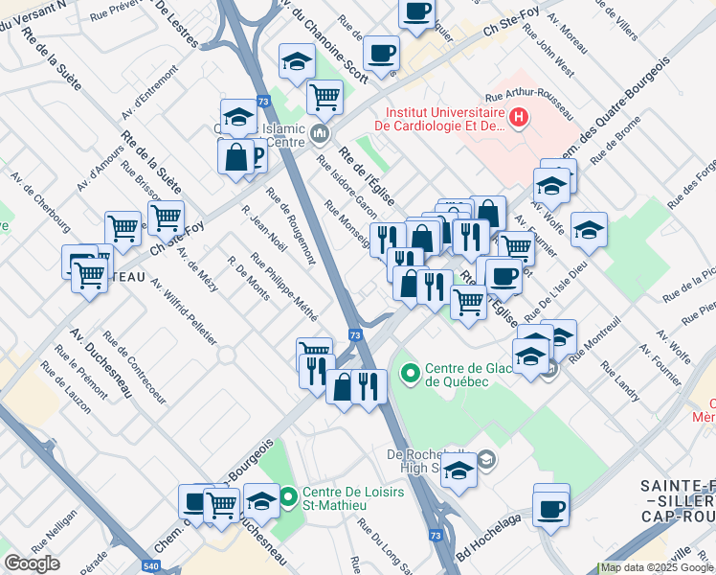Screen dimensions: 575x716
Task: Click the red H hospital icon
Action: pyautogui.click(x=519, y=118)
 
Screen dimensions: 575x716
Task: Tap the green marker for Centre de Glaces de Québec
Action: pyautogui.click(x=411, y=372)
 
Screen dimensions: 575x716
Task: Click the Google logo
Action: pyautogui.click(x=33, y=563)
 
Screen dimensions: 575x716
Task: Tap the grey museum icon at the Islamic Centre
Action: pyautogui.click(x=319, y=131)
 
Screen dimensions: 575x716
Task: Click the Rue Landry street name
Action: pyautogui.click(x=620, y=380)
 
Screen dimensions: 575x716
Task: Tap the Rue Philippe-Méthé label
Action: pyautogui.click(x=283, y=287)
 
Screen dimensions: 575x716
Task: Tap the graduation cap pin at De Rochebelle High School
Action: pyautogui.click(x=459, y=471)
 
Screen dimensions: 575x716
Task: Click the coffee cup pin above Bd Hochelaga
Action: pyautogui.click(x=551, y=506)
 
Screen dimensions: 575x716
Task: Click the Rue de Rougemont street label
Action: pyautogui.click(x=292, y=223)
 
